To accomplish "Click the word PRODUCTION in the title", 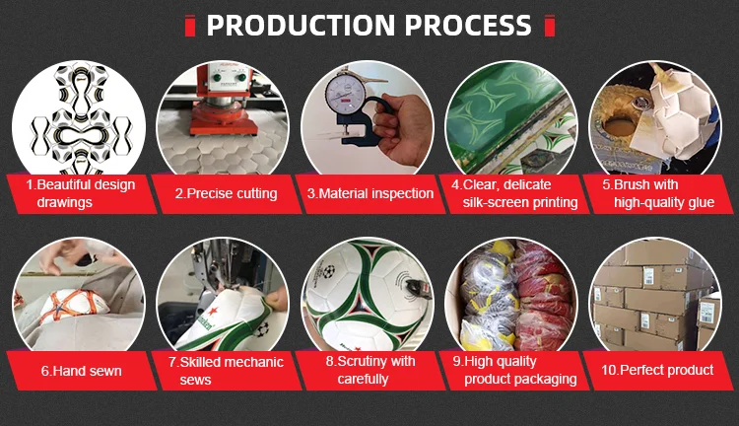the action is pos(301,25).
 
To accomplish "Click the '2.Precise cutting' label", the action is pos(226,193).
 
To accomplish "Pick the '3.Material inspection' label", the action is pos(369,193).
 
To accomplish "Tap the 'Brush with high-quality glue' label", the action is pos(656,193).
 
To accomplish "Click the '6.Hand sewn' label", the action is pos(81,371).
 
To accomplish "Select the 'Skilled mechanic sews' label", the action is pos(226,371).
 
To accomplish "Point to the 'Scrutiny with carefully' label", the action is pos(369,371).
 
